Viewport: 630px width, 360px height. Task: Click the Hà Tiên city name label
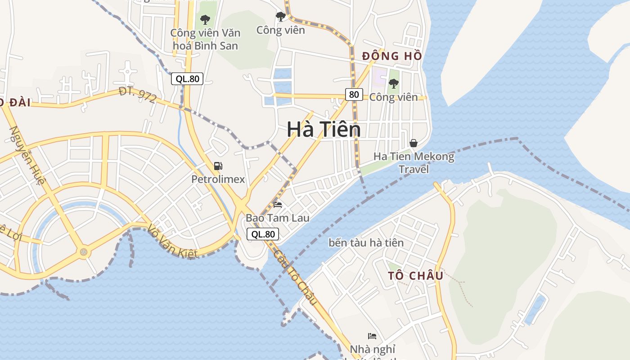(x=324, y=130)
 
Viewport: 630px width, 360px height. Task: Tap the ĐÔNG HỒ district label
(x=392, y=56)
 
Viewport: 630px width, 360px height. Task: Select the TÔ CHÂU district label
(x=416, y=275)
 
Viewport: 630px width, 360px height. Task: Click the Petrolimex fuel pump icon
(x=218, y=166)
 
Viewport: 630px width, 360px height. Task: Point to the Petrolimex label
(x=218, y=180)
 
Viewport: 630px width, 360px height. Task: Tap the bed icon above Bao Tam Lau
(x=278, y=205)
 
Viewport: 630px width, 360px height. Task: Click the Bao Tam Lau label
(x=277, y=218)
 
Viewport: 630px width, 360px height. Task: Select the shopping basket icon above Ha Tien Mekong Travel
(x=413, y=143)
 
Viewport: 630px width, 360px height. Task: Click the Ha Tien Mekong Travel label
(x=414, y=163)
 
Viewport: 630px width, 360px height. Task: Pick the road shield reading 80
(x=354, y=94)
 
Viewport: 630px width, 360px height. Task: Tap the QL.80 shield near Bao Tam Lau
(x=263, y=234)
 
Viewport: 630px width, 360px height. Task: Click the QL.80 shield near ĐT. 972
(x=187, y=79)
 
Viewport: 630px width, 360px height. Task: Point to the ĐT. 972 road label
(x=138, y=95)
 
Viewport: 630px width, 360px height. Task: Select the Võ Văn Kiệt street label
(x=172, y=242)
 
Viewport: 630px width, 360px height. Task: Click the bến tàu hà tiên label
(x=366, y=243)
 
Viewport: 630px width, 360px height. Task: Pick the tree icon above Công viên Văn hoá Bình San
(x=205, y=20)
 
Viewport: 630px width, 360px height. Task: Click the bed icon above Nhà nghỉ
(x=372, y=336)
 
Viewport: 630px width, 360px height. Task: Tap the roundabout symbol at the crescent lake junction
(x=83, y=252)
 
